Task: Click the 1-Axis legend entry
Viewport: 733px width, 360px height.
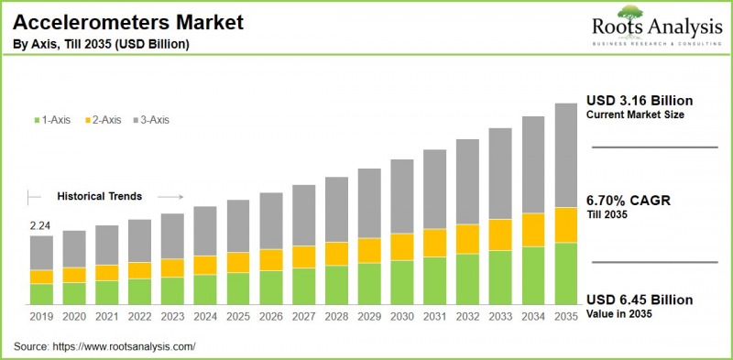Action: [54, 119]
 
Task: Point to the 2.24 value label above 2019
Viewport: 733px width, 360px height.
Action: [39, 225]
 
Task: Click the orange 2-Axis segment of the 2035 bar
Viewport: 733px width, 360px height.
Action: [566, 225]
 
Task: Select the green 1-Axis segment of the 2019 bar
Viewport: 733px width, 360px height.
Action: [41, 294]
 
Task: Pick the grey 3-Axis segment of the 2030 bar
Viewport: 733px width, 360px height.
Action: [402, 196]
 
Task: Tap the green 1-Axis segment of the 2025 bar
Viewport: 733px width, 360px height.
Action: [238, 289]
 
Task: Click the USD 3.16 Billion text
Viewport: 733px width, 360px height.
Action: [639, 101]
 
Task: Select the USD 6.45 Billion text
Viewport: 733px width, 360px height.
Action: [639, 300]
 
